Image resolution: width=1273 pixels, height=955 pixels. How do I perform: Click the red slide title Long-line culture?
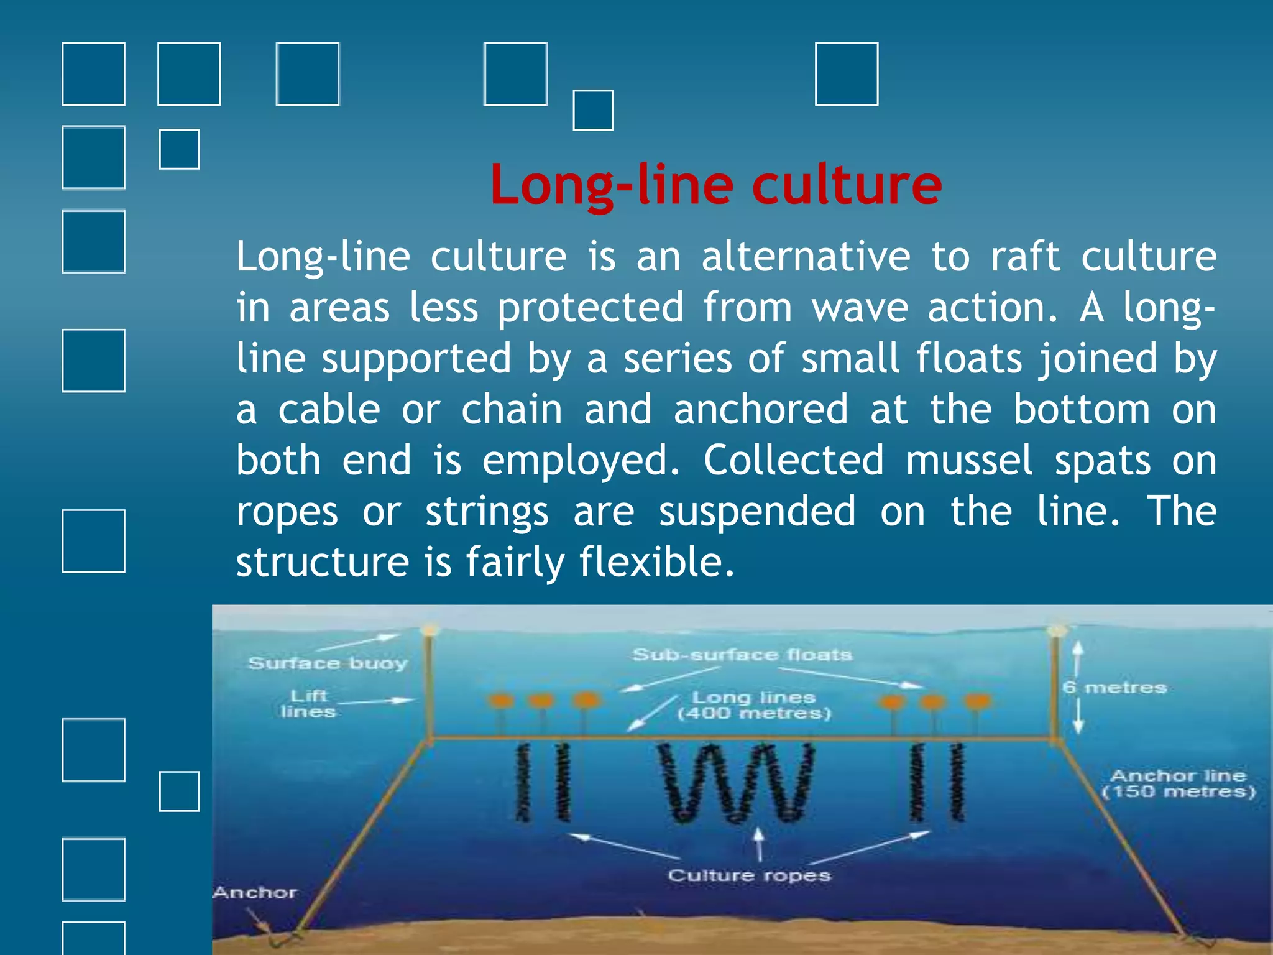715,185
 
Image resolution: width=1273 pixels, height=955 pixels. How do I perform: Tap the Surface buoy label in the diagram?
328,663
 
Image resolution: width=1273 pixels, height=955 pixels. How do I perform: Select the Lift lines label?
308,704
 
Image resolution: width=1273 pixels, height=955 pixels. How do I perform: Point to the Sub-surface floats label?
742,655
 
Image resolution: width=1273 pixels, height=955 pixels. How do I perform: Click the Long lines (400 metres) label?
753,706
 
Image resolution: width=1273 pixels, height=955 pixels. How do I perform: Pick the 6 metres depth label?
1114,688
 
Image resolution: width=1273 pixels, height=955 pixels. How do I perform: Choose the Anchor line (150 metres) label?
1179,783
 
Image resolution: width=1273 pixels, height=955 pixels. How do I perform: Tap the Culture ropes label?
749,875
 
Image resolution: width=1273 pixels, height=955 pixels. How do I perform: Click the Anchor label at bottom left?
255,893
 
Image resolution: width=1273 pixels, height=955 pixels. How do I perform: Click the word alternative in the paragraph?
806,257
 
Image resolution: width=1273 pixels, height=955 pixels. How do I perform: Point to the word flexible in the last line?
656,563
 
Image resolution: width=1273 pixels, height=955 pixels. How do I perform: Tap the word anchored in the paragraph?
761,410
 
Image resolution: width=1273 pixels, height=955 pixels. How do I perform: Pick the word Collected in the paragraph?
793,461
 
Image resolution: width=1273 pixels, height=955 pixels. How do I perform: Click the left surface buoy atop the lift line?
429,630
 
